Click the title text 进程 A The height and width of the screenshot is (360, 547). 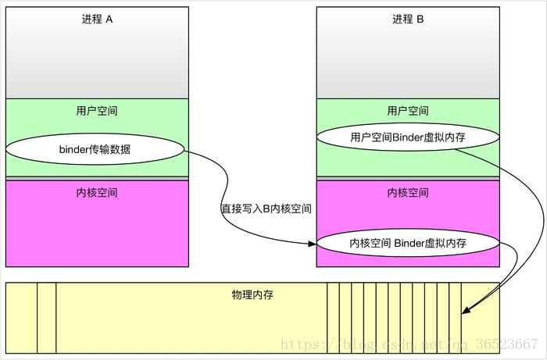pos(97,20)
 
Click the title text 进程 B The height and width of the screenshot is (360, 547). pos(408,20)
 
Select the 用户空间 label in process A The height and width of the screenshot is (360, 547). pos(97,111)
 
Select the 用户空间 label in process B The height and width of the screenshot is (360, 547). pos(408,111)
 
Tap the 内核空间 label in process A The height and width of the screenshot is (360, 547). pos(97,192)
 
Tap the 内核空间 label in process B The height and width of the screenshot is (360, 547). pos(408,192)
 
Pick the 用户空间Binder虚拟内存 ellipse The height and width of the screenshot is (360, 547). pos(408,137)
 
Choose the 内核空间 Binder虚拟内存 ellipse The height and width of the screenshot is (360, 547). pos(408,244)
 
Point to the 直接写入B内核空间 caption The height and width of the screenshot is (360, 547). pos(266,209)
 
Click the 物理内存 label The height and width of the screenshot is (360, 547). pos(252,295)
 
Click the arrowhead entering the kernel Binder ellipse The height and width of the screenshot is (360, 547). pos(313,244)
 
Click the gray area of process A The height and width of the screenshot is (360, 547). pos(97,62)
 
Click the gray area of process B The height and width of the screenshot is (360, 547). pos(408,62)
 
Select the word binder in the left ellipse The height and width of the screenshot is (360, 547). pos(73,148)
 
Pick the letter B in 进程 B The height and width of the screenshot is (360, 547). pos(420,20)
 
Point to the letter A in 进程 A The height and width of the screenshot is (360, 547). pos(109,20)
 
